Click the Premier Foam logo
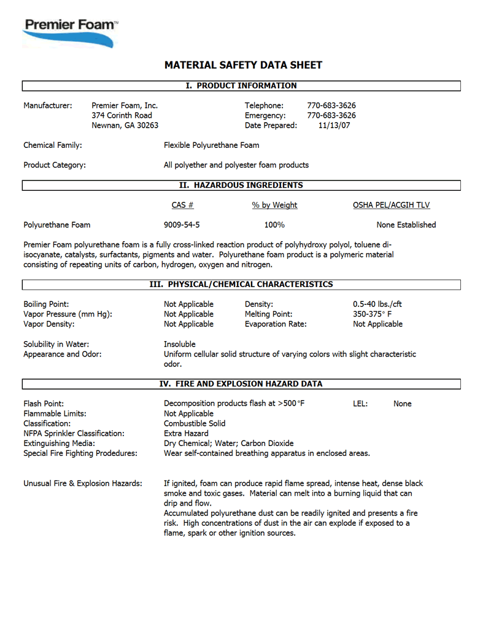click(x=69, y=31)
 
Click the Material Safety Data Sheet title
click(x=243, y=65)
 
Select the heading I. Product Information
click(x=241, y=86)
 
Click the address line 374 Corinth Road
click(x=122, y=115)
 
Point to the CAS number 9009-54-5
click(x=182, y=225)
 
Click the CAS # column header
click(x=182, y=205)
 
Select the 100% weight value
click(x=274, y=225)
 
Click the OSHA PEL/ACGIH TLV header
click(x=395, y=205)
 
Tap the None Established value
click(x=406, y=225)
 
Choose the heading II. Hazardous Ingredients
click(x=241, y=185)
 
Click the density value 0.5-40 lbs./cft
click(x=377, y=304)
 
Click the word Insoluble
click(x=180, y=344)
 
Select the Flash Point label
click(x=44, y=404)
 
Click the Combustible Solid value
click(x=195, y=423)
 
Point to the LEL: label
click(x=360, y=404)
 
